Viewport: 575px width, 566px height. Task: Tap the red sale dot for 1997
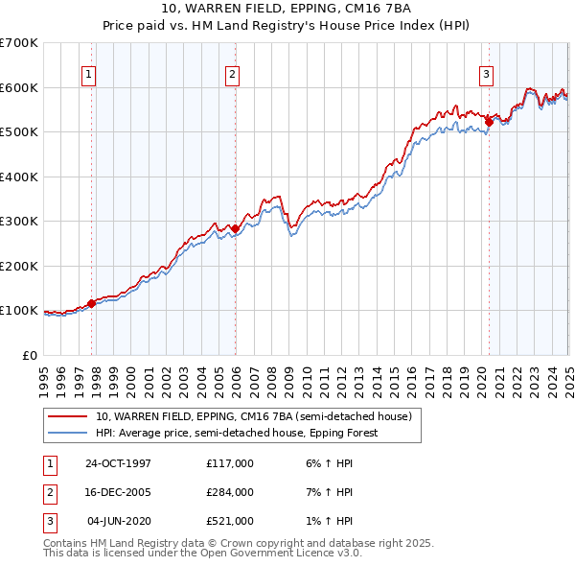[x=92, y=303]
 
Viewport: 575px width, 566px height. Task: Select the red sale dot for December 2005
[x=236, y=228]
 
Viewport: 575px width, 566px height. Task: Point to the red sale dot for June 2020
[x=489, y=122]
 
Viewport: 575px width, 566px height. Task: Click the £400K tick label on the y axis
[x=19, y=177]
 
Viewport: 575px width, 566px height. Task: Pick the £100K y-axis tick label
[x=19, y=311]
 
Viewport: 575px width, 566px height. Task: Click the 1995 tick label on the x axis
[x=44, y=378]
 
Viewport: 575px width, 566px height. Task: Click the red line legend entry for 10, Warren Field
[x=253, y=416]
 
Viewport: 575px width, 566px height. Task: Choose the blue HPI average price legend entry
[x=236, y=433]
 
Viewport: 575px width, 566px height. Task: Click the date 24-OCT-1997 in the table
[x=118, y=464]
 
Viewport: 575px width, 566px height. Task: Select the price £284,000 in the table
[x=230, y=492]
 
